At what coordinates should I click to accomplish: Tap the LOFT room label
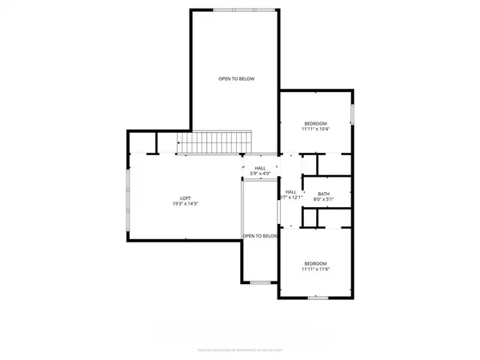(185, 197)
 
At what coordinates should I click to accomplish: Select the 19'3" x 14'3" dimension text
(185, 204)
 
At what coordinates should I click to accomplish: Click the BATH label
(323, 194)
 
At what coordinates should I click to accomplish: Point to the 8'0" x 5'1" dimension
(323, 200)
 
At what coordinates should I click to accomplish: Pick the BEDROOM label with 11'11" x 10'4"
(314, 123)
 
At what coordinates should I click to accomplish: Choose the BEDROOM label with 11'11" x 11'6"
(314, 263)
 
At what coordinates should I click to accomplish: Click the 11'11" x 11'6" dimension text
(314, 270)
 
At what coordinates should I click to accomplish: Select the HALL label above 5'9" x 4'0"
(260, 168)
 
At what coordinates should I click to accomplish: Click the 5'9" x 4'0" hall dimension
(260, 174)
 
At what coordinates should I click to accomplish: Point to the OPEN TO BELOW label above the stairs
(234, 79)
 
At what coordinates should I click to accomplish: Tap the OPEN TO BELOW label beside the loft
(261, 236)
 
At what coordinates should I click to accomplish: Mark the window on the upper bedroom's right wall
(353, 114)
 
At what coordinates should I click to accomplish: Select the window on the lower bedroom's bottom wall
(318, 298)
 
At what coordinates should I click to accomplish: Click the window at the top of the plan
(234, 10)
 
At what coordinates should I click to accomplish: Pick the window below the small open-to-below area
(259, 282)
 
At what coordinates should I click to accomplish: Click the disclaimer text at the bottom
(240, 349)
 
